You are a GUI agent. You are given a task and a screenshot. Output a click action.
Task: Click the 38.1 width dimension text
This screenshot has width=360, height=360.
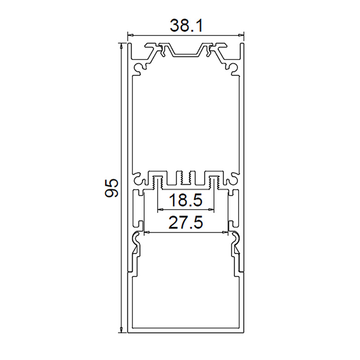[186, 26]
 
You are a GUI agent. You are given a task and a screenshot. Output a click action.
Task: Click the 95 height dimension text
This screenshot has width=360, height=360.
[111, 188]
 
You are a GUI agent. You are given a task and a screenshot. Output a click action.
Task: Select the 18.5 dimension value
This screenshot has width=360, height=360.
[185, 200]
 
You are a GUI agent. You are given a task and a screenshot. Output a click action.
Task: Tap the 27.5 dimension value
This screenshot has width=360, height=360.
[185, 223]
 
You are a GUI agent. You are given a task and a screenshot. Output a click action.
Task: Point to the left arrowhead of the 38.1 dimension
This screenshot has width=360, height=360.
[130, 35]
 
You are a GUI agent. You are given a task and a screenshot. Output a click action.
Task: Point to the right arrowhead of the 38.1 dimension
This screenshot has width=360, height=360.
[241, 35]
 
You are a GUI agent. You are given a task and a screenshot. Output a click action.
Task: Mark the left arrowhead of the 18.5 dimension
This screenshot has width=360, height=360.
[161, 209]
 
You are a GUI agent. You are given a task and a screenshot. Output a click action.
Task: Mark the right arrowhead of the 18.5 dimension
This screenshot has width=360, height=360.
[211, 209]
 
